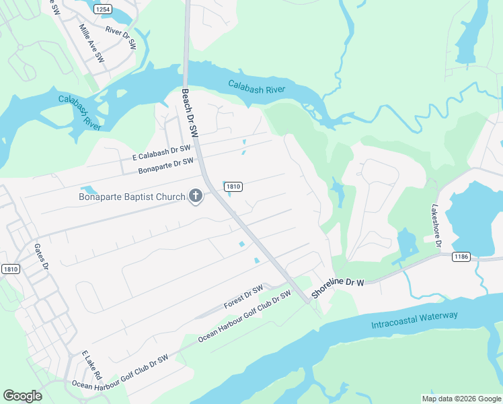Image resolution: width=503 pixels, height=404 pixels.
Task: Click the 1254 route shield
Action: point(102,9)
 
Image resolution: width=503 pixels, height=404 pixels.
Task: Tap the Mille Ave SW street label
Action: point(91,40)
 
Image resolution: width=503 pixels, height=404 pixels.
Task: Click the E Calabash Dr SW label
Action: point(162,152)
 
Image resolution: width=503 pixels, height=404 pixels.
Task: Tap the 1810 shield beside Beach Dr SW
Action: point(233,187)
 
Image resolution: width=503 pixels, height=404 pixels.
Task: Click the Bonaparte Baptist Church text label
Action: point(132,197)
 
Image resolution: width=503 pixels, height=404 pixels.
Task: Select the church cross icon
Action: point(196,197)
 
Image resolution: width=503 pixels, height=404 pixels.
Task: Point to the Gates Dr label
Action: point(42,256)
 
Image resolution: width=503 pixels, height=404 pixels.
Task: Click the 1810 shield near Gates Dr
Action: point(11,269)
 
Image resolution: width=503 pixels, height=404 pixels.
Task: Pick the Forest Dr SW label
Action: point(243,296)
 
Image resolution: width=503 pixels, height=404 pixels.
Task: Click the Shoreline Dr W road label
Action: point(338,287)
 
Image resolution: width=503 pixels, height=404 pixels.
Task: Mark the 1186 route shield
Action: point(461,257)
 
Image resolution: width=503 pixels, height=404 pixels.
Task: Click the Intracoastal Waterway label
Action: point(414,320)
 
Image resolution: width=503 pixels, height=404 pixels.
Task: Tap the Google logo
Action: point(22,396)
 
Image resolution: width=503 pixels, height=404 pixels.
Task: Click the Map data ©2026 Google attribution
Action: point(461,399)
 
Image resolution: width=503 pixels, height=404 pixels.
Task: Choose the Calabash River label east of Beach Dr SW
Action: point(256,88)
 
